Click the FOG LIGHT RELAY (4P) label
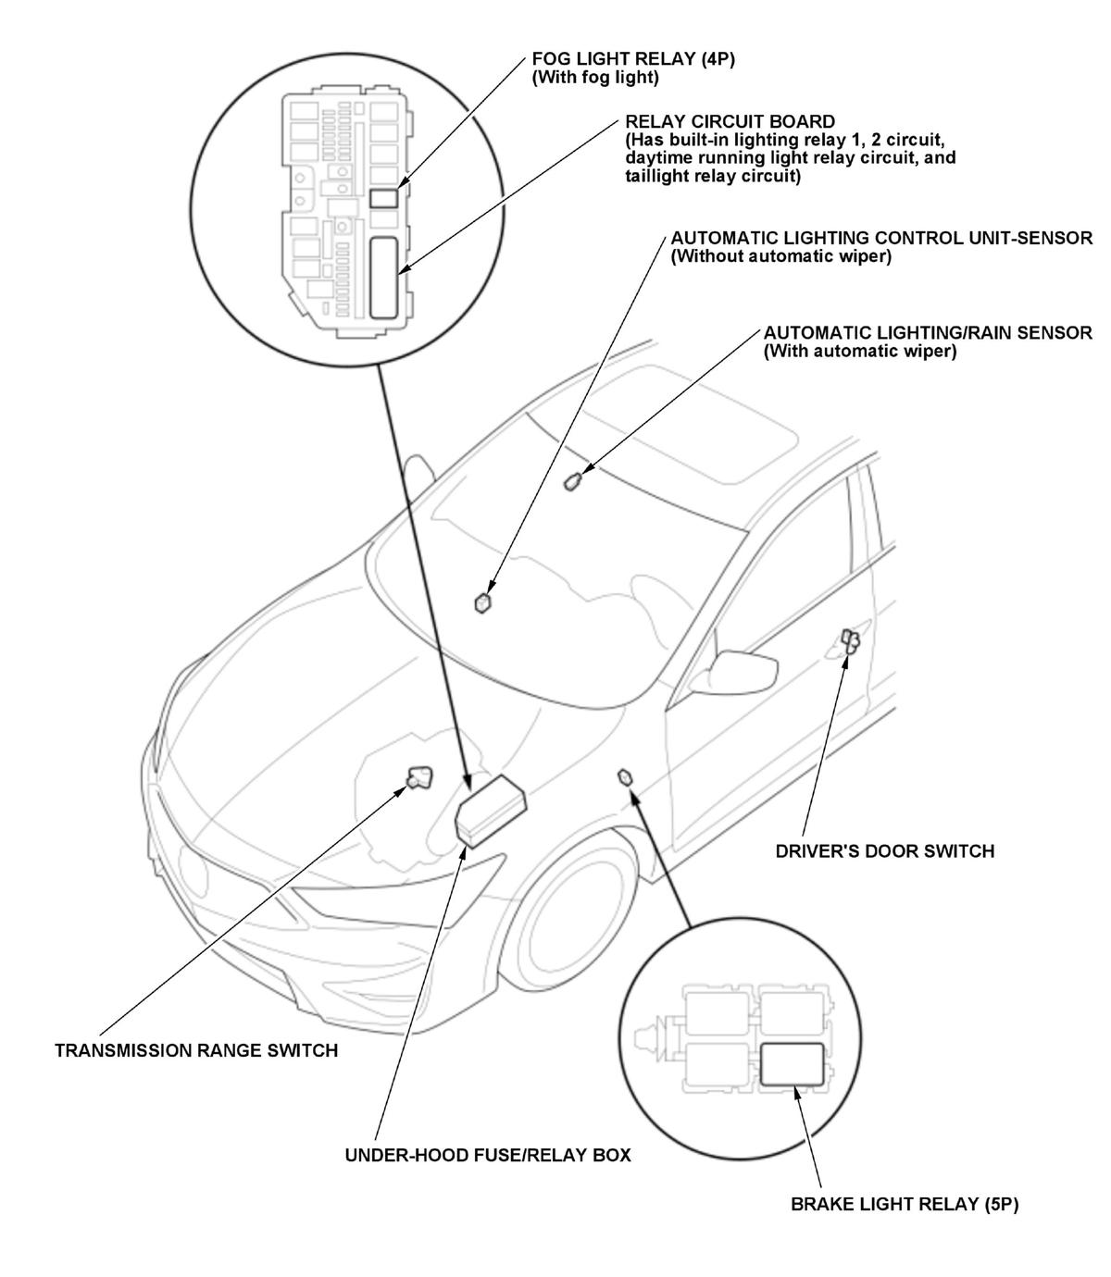click(x=632, y=58)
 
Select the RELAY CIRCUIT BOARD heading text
click(x=730, y=121)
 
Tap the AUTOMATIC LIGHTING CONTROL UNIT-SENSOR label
click(x=881, y=238)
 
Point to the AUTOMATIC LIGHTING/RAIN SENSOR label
click(x=928, y=333)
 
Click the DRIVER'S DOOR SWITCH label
click(x=884, y=851)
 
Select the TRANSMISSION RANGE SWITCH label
click(x=196, y=1050)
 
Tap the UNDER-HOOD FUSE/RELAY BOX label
click(x=488, y=1155)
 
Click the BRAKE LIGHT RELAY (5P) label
click(x=905, y=1204)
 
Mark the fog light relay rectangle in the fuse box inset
click(x=382, y=198)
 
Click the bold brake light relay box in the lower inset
click(x=792, y=1064)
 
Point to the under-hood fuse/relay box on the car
click(x=491, y=810)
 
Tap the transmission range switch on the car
click(x=419, y=777)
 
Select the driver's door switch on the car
click(x=850, y=640)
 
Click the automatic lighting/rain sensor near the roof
click(x=572, y=481)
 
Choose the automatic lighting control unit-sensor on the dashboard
click(x=482, y=603)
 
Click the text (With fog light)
click(x=595, y=78)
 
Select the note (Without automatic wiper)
click(x=780, y=256)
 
